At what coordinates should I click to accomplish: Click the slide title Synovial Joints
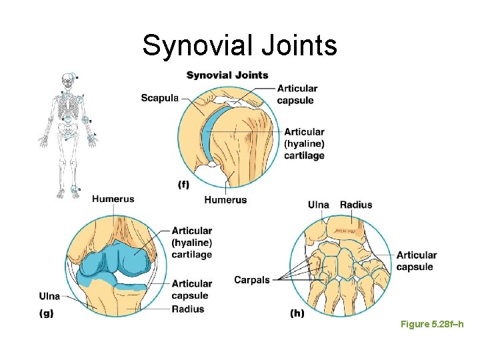(x=239, y=45)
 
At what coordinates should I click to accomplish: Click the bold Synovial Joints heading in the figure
(x=227, y=75)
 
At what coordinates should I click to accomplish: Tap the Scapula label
(x=159, y=98)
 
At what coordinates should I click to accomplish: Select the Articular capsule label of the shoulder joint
(x=297, y=95)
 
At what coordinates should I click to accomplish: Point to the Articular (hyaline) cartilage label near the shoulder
(x=304, y=144)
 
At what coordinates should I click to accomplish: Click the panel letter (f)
(x=183, y=185)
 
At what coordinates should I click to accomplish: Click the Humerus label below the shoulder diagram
(x=225, y=200)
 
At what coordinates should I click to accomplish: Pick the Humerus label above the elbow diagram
(x=113, y=199)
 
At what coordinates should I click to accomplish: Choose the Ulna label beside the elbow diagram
(x=49, y=296)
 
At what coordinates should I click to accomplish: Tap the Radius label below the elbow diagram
(x=188, y=309)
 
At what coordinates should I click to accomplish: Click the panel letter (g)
(x=47, y=313)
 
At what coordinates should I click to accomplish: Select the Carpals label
(x=252, y=280)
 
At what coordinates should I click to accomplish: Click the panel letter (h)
(x=297, y=313)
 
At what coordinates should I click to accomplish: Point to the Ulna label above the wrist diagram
(x=318, y=205)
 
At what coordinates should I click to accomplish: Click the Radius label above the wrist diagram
(x=356, y=205)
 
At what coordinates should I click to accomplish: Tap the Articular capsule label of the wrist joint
(x=416, y=261)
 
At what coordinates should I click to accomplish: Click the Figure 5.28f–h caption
(x=431, y=324)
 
